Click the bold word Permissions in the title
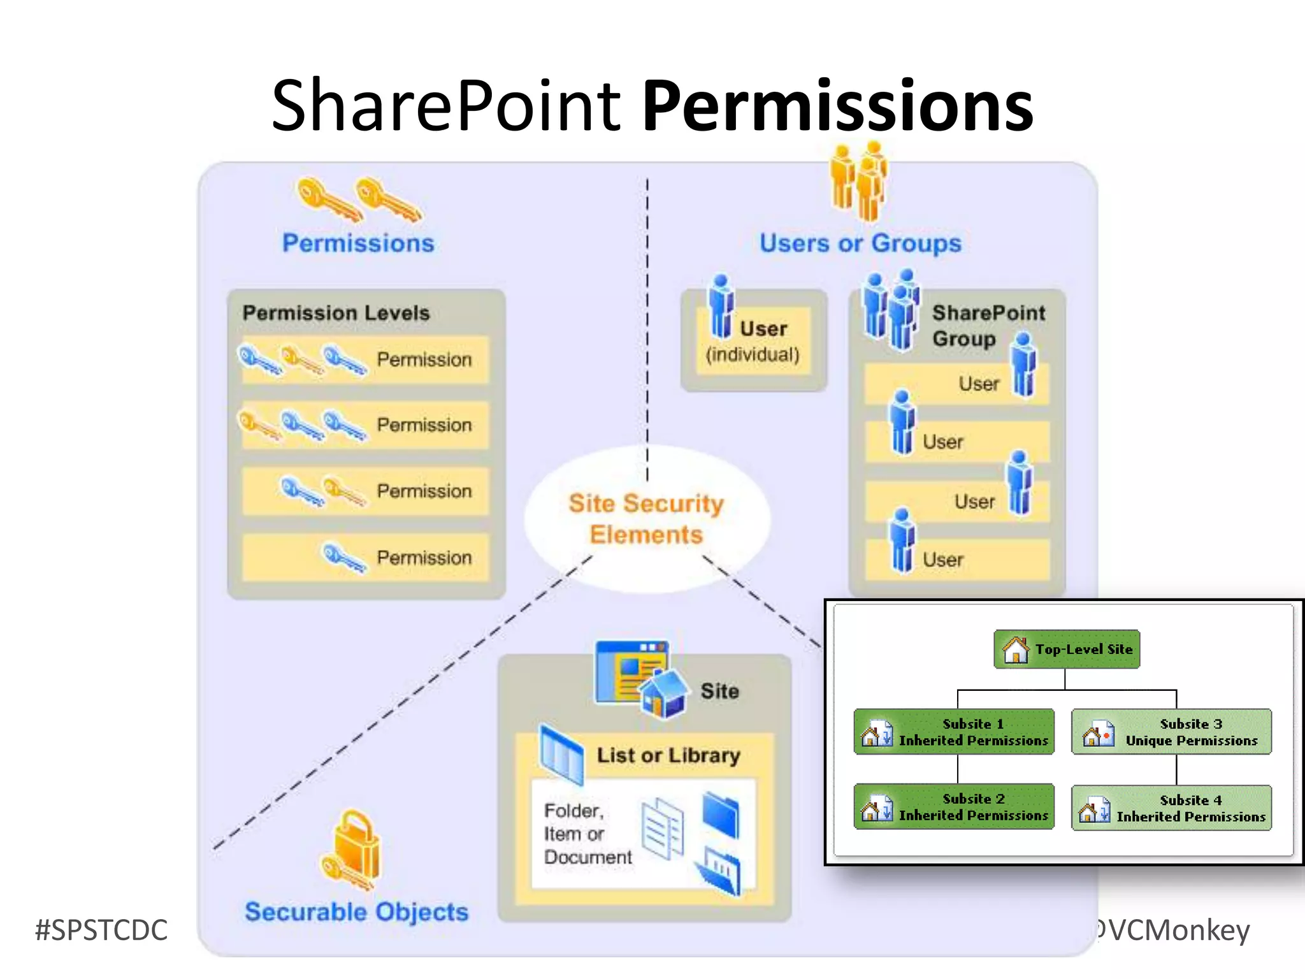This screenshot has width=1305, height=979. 837,106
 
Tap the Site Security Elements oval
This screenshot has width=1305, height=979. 646,519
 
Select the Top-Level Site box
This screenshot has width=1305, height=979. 1067,649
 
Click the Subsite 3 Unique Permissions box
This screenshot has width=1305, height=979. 1171,732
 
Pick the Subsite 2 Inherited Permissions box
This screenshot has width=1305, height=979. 954,807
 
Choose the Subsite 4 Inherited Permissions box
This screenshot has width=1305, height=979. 1171,808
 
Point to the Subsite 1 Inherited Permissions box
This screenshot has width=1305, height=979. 954,732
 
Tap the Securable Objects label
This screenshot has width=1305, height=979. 357,912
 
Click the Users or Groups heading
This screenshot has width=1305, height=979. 860,243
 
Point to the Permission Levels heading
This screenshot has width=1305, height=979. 336,313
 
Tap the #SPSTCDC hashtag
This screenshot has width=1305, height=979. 101,930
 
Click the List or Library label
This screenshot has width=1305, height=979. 668,755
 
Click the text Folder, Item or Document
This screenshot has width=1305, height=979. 586,834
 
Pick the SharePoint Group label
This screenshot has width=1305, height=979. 988,325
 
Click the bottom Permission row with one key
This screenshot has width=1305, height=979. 365,558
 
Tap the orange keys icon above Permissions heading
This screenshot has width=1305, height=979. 359,200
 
